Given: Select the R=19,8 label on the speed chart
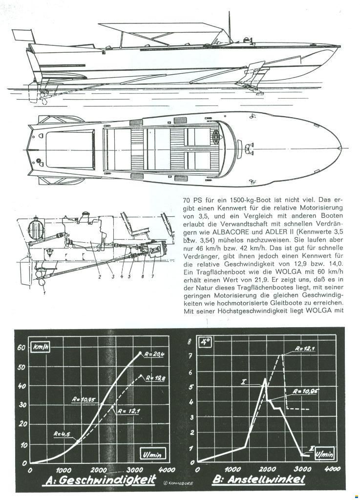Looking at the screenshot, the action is (x=156, y=378).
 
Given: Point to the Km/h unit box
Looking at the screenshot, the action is (x=41, y=347).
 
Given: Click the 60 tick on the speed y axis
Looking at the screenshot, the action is (x=21, y=347).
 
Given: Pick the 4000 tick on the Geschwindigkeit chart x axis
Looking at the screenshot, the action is (x=167, y=470).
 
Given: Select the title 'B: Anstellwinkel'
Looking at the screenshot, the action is (x=258, y=479).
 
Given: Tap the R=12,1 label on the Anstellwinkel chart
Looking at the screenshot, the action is (x=305, y=349).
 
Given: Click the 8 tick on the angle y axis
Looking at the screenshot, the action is (x=190, y=341).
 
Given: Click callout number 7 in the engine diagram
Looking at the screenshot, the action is (x=153, y=276).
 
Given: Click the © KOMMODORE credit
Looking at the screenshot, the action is (x=178, y=483).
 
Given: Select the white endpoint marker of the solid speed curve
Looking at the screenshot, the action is (x=140, y=353).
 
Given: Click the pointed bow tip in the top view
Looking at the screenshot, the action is (x=341, y=148).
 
